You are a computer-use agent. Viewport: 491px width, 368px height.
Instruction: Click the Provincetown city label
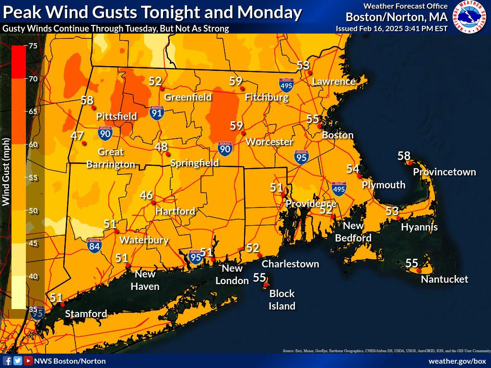click(444, 172)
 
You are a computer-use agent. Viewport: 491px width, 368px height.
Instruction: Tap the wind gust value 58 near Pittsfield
click(87, 100)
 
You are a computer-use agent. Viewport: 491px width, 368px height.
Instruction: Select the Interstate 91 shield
click(156, 113)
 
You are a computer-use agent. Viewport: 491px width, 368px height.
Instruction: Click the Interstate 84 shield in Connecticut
click(95, 246)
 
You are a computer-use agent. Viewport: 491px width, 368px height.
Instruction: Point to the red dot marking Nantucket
click(419, 271)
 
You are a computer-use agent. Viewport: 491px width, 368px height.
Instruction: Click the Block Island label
click(281, 299)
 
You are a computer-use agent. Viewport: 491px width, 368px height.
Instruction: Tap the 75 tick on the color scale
click(33, 46)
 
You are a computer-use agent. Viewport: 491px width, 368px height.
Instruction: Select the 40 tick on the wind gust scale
click(33, 276)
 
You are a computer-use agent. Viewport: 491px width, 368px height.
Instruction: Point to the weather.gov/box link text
click(457, 361)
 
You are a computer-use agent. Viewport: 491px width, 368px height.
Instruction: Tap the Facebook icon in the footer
click(7, 361)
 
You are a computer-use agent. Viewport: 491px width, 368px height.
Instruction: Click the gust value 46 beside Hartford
click(146, 195)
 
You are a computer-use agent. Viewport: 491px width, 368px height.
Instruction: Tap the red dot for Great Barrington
click(84, 143)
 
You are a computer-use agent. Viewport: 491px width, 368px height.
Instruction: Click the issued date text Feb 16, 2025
click(382, 28)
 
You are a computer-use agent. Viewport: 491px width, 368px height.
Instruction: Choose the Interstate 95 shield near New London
click(196, 257)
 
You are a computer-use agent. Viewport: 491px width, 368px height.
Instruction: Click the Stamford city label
click(86, 314)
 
